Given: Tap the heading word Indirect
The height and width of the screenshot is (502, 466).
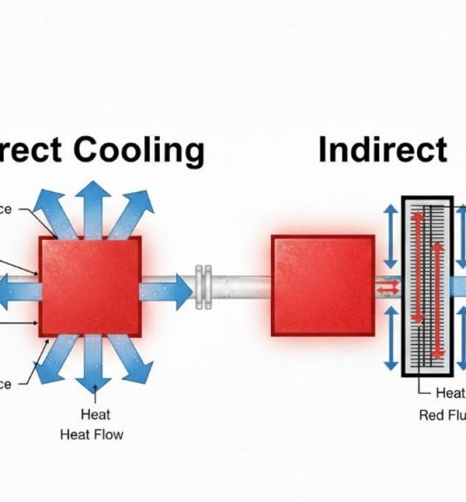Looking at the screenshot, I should pyautogui.click(x=383, y=150).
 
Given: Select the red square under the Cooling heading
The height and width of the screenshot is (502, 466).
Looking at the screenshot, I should pyautogui.click(x=90, y=285).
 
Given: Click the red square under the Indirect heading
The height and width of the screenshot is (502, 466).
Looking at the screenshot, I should pyautogui.click(x=323, y=285).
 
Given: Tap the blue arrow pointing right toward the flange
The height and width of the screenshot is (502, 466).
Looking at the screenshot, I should pyautogui.click(x=166, y=291).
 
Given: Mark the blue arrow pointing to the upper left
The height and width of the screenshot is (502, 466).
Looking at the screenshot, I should pyautogui.click(x=54, y=211).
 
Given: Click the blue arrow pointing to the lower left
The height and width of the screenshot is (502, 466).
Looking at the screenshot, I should pyautogui.click(x=54, y=359).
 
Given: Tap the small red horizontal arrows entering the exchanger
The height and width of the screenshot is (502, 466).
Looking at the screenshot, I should pyautogui.click(x=389, y=286).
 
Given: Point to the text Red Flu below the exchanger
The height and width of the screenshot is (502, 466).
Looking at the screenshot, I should pyautogui.click(x=442, y=415).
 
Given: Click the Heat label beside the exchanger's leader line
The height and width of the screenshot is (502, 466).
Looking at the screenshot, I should pyautogui.click(x=450, y=393).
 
